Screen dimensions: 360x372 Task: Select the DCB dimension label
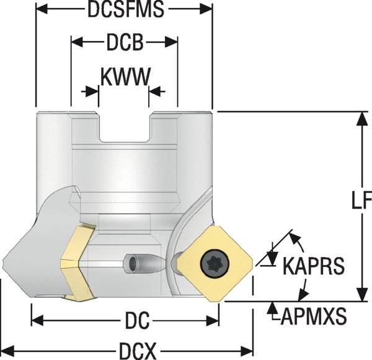[125, 43]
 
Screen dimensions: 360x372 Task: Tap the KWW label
[125, 77]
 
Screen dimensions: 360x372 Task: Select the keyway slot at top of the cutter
[124, 127]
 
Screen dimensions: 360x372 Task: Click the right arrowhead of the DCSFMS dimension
[208, 11]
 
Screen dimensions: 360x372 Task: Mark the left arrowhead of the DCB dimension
[76, 43]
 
